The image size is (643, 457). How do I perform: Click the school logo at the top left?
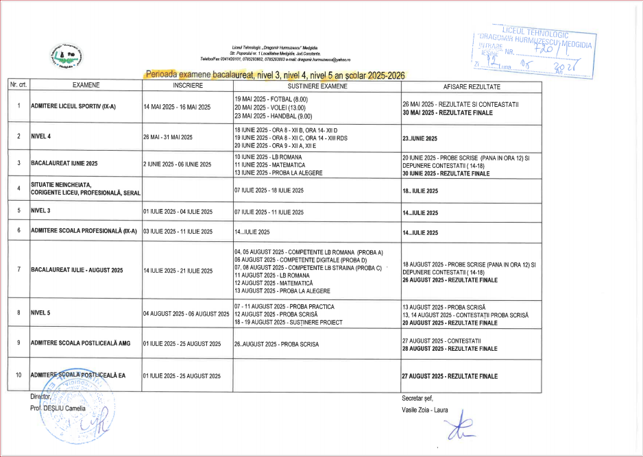(x=66, y=56)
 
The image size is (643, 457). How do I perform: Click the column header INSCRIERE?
(x=187, y=87)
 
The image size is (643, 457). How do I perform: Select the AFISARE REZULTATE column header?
(x=472, y=87)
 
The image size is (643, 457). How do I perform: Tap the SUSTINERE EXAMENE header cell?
(x=316, y=87)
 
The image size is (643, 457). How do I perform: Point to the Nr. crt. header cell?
(x=19, y=87)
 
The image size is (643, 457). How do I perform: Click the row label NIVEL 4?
(x=42, y=136)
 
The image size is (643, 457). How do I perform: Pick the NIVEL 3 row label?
(x=42, y=212)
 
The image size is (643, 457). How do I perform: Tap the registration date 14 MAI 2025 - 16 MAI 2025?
(x=177, y=108)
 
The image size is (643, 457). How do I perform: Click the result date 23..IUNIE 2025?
(x=420, y=138)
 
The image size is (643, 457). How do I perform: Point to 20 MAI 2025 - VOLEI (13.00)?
(x=270, y=108)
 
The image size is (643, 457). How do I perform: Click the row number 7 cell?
(x=19, y=270)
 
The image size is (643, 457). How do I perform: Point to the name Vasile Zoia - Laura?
(x=424, y=410)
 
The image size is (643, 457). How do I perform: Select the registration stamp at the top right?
(x=534, y=51)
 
